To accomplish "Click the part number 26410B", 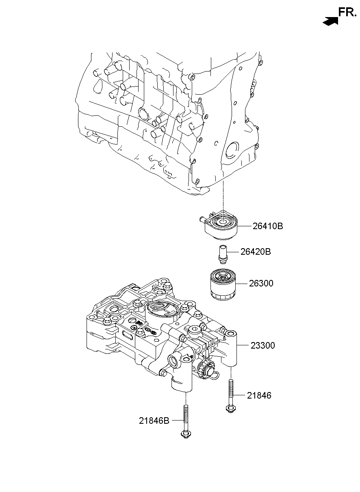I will [x=267, y=226].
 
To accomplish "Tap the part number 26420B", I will [x=255, y=252].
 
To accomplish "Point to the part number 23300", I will [x=262, y=346].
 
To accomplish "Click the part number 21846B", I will [x=154, y=421].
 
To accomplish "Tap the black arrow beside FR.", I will [x=330, y=22].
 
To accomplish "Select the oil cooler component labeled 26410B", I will [x=221, y=228].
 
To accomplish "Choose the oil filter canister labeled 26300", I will [x=222, y=286].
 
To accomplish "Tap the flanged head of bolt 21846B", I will [x=185, y=436].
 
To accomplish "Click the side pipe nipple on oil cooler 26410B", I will [x=201, y=220].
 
